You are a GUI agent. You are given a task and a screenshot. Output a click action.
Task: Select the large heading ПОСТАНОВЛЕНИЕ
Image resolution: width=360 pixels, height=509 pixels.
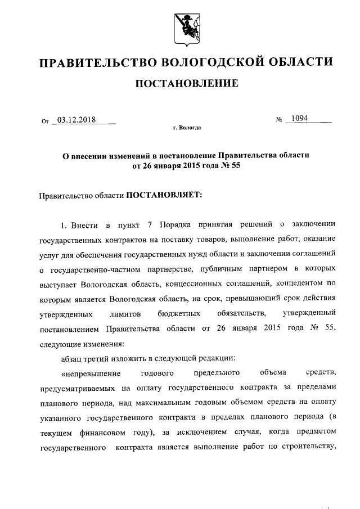pyautogui.click(x=185, y=84)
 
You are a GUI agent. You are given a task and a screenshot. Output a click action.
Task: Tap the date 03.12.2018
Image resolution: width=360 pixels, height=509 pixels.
pyautogui.click(x=76, y=120)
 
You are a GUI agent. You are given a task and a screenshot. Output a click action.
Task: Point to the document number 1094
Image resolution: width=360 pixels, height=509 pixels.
pyautogui.click(x=296, y=119)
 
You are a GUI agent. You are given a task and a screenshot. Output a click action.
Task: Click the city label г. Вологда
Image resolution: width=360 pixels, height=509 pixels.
pyautogui.click(x=187, y=128)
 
